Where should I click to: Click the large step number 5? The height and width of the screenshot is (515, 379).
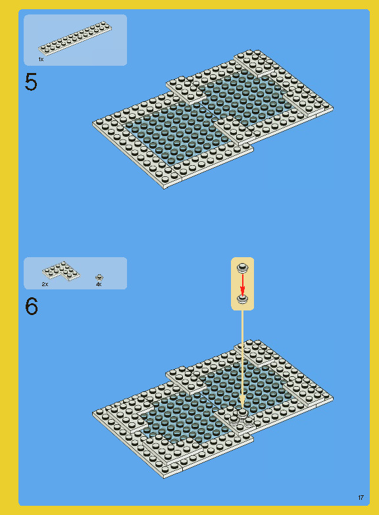click(x=31, y=82)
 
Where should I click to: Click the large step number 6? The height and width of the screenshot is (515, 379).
click(x=32, y=307)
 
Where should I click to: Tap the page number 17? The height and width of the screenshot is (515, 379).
click(x=361, y=498)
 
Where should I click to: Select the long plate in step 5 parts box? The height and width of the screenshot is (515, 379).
click(x=75, y=37)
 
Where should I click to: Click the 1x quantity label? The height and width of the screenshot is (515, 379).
click(x=41, y=59)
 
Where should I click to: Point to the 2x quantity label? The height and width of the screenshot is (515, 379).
click(x=45, y=284)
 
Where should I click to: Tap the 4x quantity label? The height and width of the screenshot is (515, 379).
click(x=99, y=284)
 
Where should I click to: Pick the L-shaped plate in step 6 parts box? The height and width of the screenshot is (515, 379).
click(x=61, y=271)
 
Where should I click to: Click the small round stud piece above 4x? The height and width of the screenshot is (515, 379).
click(x=99, y=278)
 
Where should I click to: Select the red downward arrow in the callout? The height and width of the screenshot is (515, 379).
click(x=243, y=284)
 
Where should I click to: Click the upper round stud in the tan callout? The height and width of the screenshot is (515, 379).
click(x=243, y=268)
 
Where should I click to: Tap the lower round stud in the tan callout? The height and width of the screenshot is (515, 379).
click(x=243, y=298)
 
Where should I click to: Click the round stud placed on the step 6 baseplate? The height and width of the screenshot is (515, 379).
click(x=242, y=413)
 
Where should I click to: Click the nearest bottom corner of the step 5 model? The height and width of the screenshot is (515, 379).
click(x=164, y=189)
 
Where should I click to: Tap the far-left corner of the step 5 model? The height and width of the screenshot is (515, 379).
click(x=93, y=123)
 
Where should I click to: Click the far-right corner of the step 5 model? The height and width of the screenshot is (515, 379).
click(x=333, y=107)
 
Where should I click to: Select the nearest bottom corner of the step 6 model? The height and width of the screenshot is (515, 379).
click(x=164, y=478)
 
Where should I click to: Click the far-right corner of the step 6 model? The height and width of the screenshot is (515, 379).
click(x=333, y=397)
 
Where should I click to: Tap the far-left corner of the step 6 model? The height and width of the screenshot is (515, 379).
click(x=93, y=413)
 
